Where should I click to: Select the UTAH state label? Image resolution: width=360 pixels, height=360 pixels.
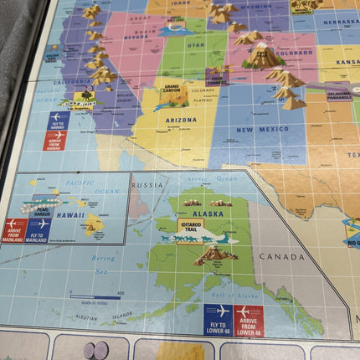tap(195, 44)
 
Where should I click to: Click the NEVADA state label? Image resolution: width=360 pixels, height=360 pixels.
tap(136, 37)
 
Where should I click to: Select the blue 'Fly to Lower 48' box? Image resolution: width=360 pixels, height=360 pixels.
tap(217, 318)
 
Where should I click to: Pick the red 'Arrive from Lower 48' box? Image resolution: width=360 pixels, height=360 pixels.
tap(248, 318)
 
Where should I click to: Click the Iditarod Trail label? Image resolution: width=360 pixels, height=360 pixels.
tap(190, 225)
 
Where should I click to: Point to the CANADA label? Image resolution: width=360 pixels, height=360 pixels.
tap(282, 256)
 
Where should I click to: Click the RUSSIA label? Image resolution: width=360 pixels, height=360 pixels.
tap(149, 185)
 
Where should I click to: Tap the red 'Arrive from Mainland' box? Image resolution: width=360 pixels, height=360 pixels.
tap(15, 229)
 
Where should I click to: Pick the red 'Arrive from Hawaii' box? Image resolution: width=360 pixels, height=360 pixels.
tap(55, 139)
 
